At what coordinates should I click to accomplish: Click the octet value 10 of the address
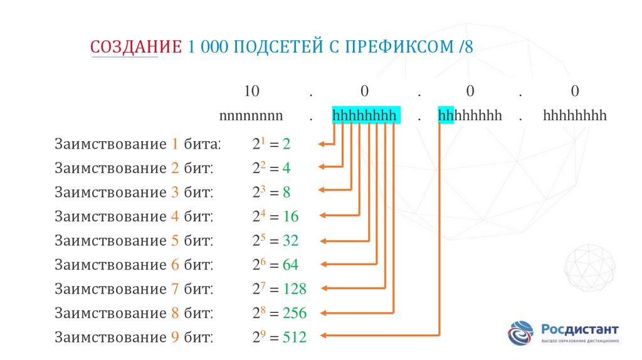click(x=251, y=92)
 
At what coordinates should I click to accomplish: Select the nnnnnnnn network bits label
click(x=251, y=115)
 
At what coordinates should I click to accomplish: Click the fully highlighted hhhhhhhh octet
click(x=364, y=115)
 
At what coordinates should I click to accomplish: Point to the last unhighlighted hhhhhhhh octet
click(x=575, y=115)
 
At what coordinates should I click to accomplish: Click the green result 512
click(x=294, y=337)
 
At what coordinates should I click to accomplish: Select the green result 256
click(x=294, y=312)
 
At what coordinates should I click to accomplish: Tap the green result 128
click(x=294, y=289)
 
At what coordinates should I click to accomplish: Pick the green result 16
click(x=290, y=216)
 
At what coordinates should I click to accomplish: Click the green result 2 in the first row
click(x=287, y=144)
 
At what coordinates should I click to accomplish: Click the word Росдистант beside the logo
click(x=580, y=329)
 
